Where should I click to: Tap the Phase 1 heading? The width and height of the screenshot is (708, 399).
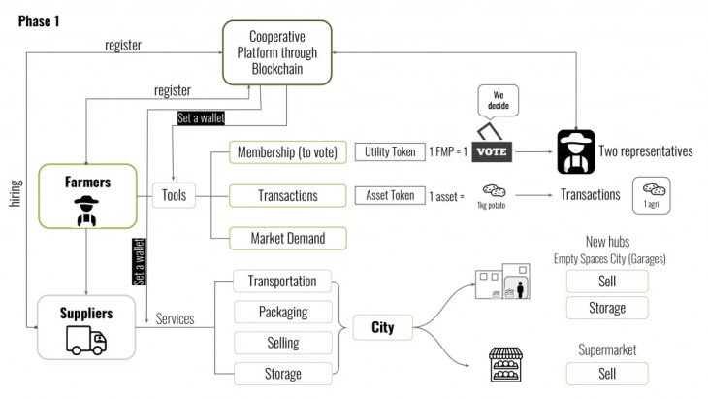37,20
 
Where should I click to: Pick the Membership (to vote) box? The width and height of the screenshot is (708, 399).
286,152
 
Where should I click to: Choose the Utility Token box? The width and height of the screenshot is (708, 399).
390,152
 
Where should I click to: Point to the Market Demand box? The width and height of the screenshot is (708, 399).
286,238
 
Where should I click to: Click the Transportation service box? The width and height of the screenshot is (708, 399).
282,282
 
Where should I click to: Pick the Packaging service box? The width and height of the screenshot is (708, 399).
282,313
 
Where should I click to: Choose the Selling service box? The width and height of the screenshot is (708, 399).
282,343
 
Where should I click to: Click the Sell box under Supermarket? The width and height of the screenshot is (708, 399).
608,374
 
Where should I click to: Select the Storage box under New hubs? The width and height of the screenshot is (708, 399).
608,309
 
